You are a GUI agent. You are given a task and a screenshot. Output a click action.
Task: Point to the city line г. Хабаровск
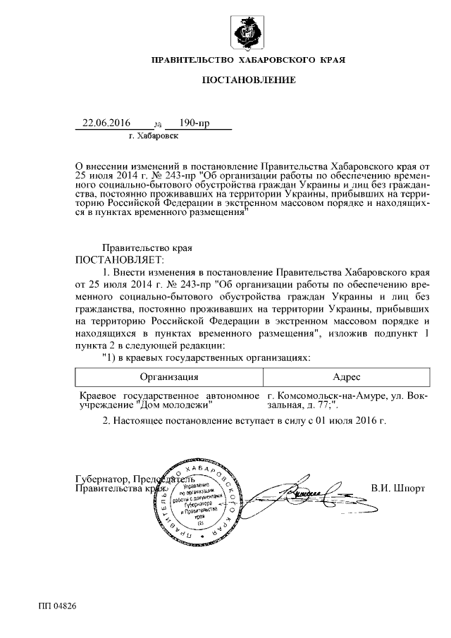154,134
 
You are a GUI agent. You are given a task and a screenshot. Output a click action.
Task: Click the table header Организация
169,377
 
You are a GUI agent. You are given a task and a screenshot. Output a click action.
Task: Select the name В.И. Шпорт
397,487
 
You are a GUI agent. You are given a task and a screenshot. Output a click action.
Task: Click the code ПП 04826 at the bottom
58,606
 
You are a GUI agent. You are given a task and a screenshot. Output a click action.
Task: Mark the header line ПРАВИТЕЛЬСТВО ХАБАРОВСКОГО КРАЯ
249,61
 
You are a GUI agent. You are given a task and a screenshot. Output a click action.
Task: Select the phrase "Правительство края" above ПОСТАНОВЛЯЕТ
147,248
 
